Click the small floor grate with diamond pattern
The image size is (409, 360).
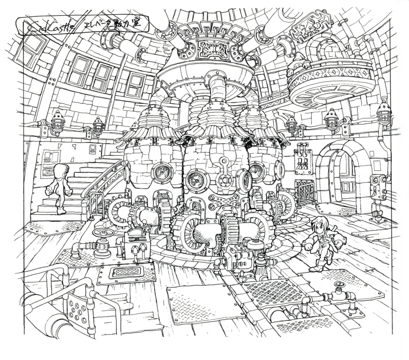pos(126,272)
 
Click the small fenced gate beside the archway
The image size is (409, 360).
pos(304,192)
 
